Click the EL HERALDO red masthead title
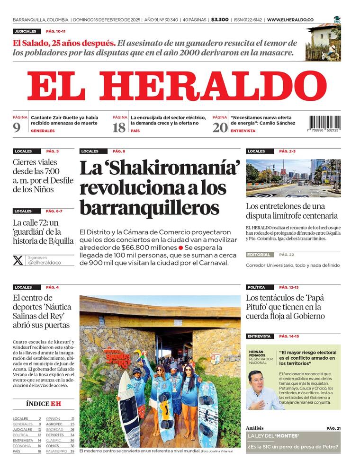(x=177, y=86)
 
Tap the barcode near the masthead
(x=325, y=124)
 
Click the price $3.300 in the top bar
(x=220, y=20)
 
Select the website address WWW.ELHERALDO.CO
(x=290, y=20)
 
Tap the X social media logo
(x=18, y=260)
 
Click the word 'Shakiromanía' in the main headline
(x=160, y=168)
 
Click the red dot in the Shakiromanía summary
(x=180, y=248)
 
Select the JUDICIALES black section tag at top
(x=25, y=31)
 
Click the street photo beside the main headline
(x=293, y=178)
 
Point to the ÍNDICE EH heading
(x=43, y=404)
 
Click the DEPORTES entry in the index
(x=55, y=435)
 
